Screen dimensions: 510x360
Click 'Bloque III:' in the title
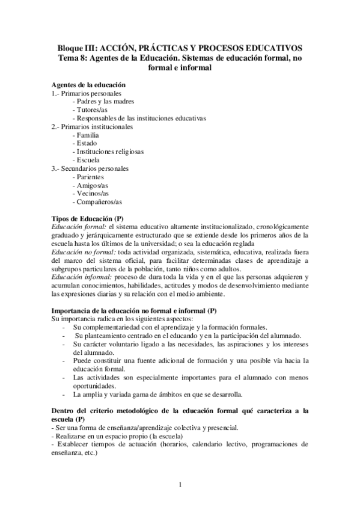[x=76, y=48]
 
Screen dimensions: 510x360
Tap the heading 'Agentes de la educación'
[x=89, y=85]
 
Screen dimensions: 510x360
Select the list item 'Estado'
[x=84, y=144]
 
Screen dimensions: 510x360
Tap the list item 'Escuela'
[x=85, y=161]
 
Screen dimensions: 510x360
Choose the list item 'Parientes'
[x=88, y=177]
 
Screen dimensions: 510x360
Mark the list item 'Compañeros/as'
[x=96, y=203]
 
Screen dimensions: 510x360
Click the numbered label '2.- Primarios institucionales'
[x=92, y=127]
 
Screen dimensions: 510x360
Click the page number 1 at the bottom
[x=180, y=485]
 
